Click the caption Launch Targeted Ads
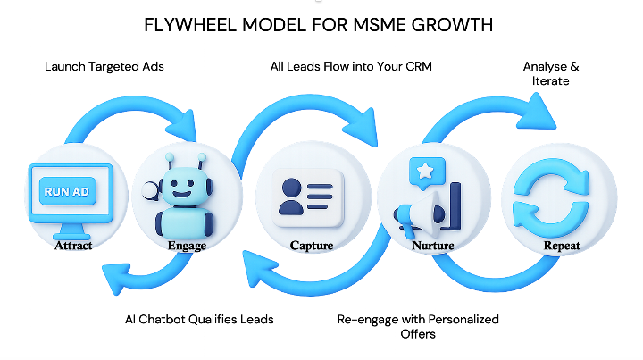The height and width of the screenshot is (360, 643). pyautogui.click(x=104, y=66)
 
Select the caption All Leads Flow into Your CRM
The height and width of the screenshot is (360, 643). pyautogui.click(x=351, y=66)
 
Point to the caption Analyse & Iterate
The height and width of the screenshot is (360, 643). pyautogui.click(x=551, y=73)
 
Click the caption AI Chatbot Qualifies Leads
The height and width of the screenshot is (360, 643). pyautogui.click(x=199, y=320)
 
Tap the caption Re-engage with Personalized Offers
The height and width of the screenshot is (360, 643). pyautogui.click(x=418, y=326)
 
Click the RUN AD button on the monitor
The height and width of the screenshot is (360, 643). pyautogui.click(x=68, y=191)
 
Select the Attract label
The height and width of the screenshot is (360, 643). pyautogui.click(x=73, y=245)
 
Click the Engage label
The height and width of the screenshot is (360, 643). pyautogui.click(x=187, y=245)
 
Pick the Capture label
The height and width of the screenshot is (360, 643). pyautogui.click(x=312, y=245)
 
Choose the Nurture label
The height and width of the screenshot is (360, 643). pyautogui.click(x=432, y=245)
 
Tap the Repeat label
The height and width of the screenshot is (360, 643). pyautogui.click(x=562, y=245)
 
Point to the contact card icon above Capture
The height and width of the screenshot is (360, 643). pyautogui.click(x=308, y=197)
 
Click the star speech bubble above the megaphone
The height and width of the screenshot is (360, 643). pyautogui.click(x=427, y=172)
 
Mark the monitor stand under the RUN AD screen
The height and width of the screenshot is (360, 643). pyautogui.click(x=71, y=230)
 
